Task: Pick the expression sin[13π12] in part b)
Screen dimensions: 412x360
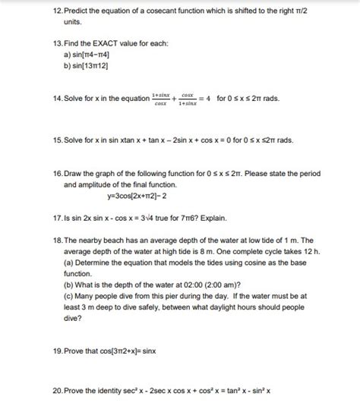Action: pos(90,67)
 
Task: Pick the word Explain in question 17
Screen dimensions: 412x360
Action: pos(206,216)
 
